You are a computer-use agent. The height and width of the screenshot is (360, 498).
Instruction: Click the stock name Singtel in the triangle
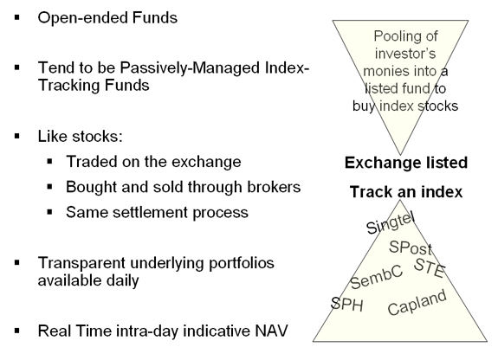click(x=391, y=223)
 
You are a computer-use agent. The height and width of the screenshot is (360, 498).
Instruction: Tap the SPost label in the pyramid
click(x=411, y=247)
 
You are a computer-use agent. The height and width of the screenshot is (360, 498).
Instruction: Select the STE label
click(x=429, y=268)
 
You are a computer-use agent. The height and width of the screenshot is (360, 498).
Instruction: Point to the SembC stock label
click(x=377, y=277)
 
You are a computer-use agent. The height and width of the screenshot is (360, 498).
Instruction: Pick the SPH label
click(x=346, y=304)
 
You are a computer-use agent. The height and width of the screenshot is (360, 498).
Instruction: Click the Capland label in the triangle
click(x=417, y=302)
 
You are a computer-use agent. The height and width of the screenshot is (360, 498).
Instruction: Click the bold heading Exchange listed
click(x=406, y=163)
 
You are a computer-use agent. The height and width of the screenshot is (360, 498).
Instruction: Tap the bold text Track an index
click(x=406, y=192)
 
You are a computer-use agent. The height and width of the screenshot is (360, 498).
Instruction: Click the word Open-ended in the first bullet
click(x=82, y=18)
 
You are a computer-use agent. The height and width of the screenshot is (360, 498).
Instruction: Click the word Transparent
click(x=81, y=263)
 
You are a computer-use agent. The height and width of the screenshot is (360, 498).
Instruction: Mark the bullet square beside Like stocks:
click(x=17, y=136)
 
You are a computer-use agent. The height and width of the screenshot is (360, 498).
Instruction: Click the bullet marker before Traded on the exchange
click(x=49, y=162)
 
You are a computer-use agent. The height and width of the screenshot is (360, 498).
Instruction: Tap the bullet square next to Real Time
click(x=17, y=331)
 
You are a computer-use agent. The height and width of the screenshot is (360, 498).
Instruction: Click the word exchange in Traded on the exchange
click(x=206, y=162)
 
